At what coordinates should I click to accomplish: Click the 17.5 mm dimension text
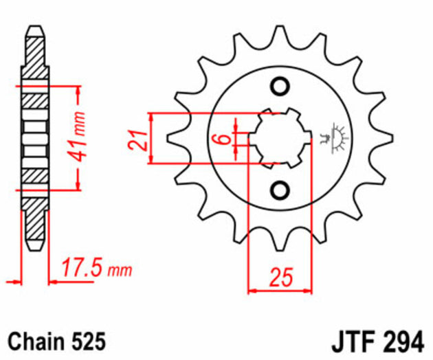coord(95,267)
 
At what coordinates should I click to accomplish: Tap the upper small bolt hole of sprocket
coord(280,87)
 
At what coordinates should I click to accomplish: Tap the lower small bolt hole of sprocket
coord(280,189)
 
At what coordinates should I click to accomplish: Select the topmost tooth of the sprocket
coord(280,34)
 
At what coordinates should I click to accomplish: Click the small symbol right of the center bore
coord(337,135)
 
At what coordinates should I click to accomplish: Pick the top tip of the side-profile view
coord(35,30)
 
